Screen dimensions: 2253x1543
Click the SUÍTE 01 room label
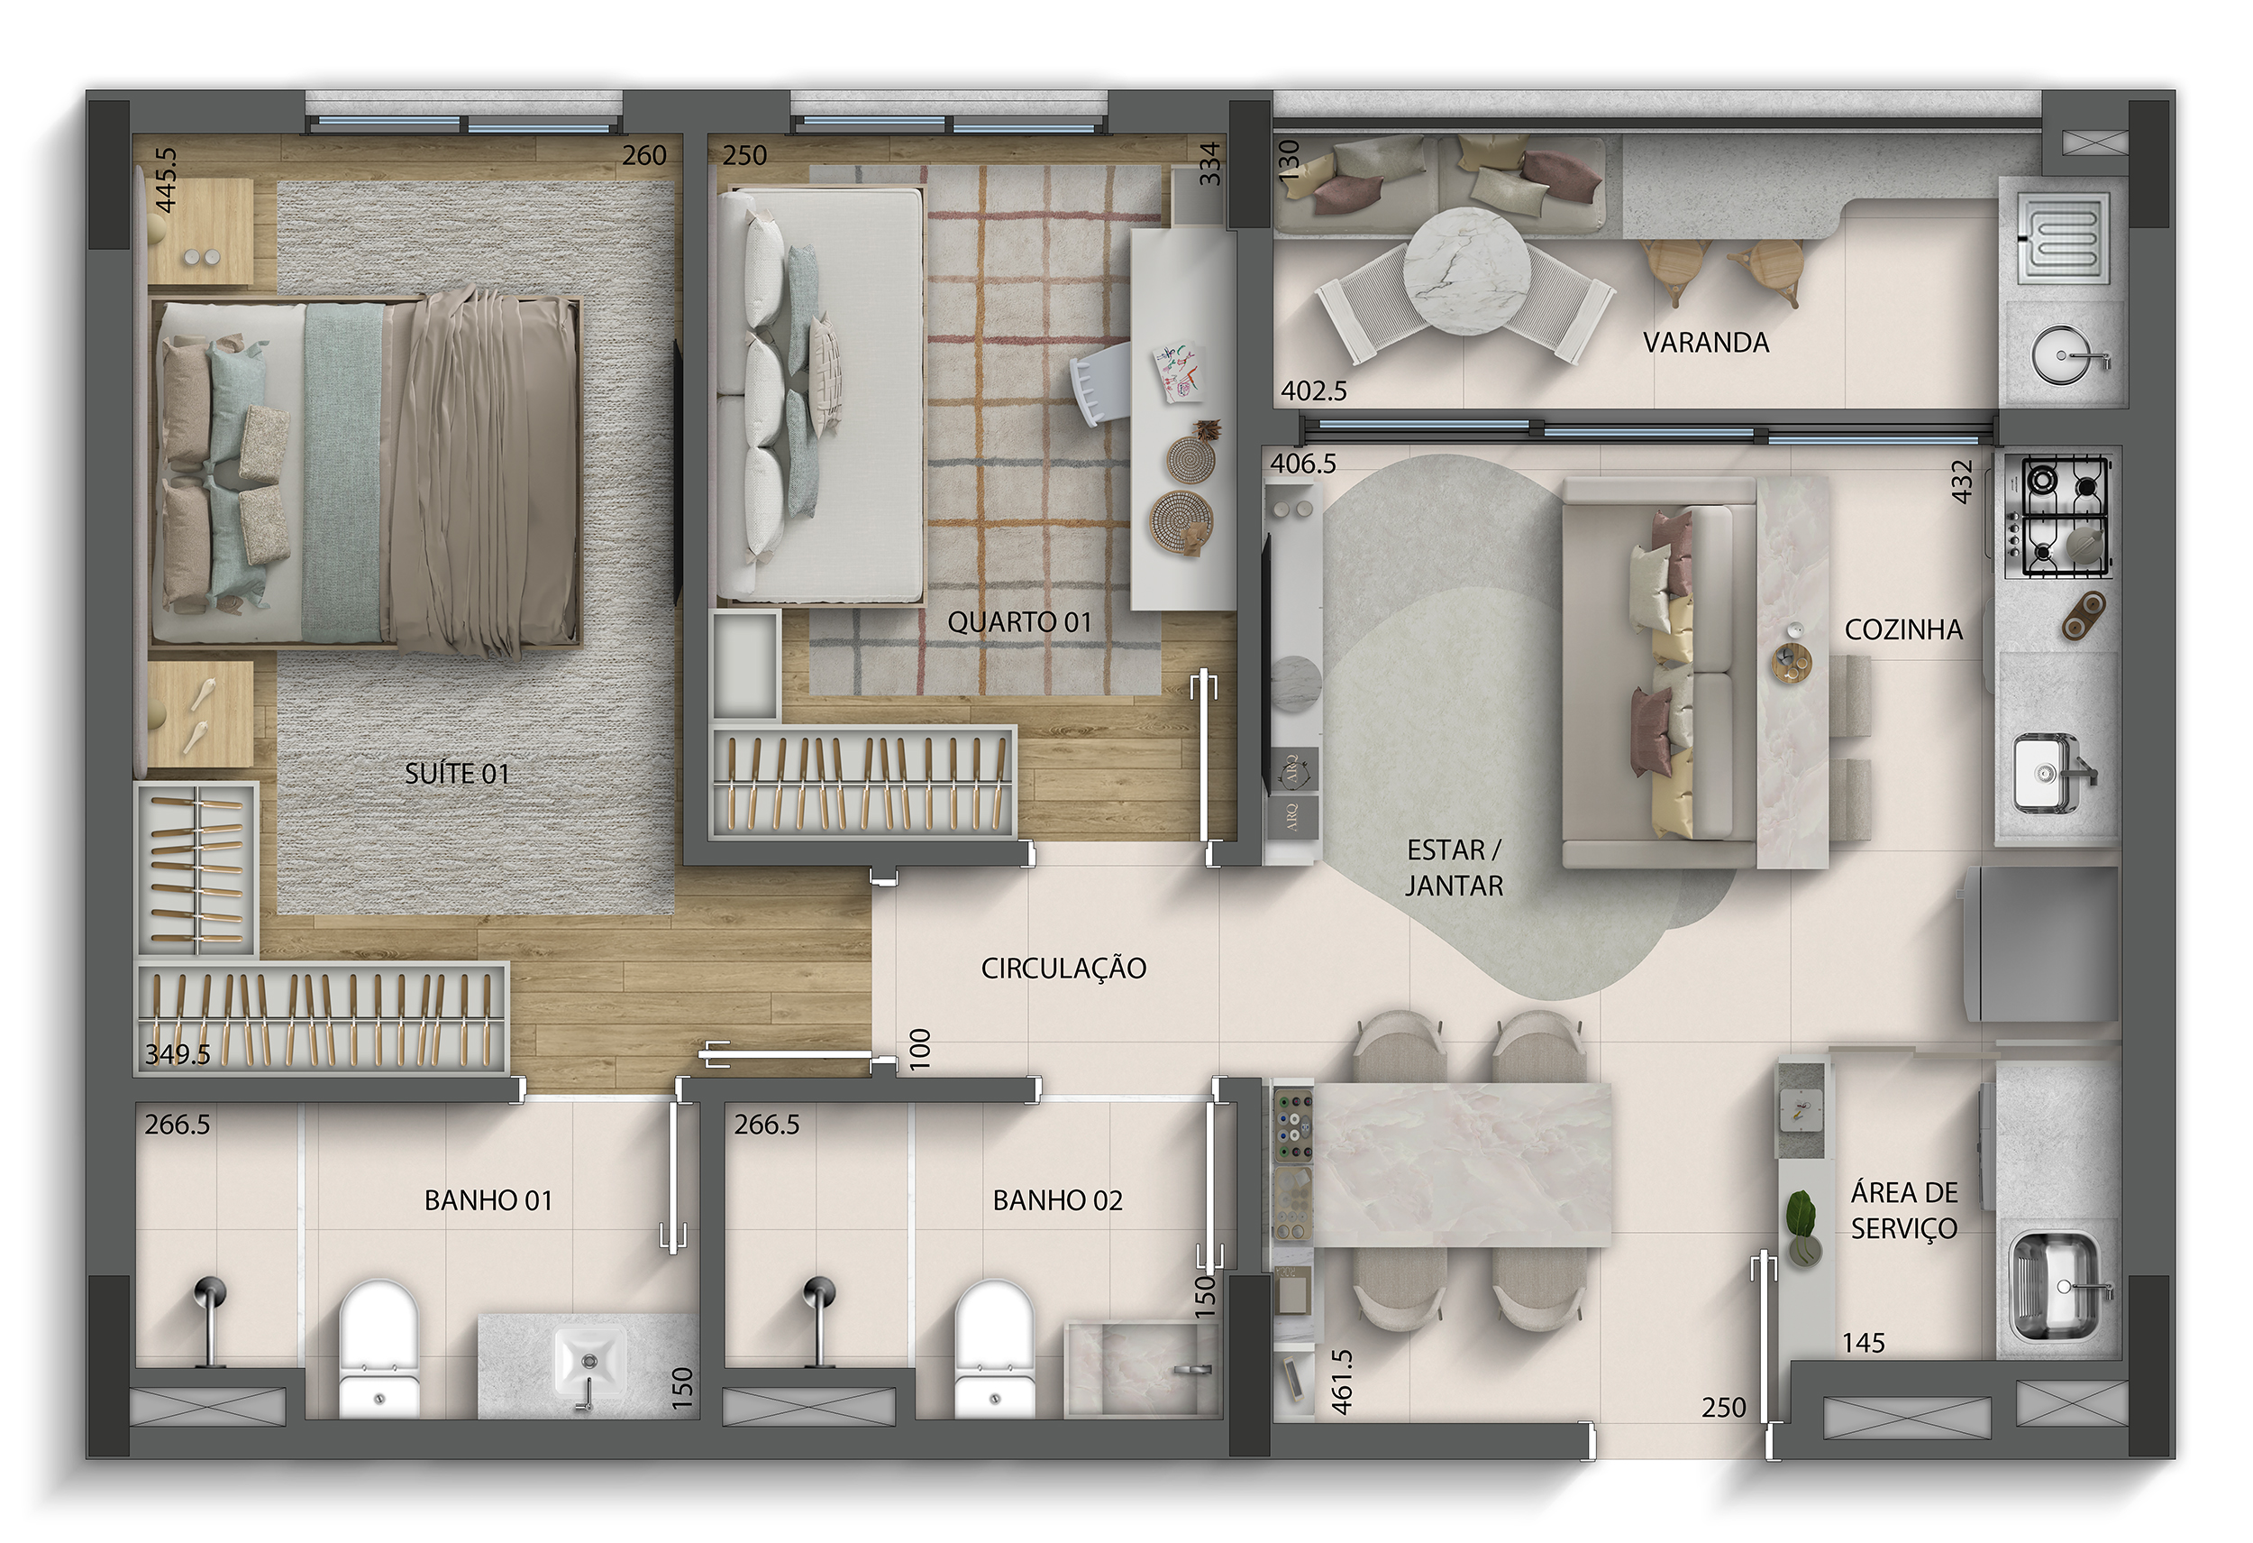(457, 774)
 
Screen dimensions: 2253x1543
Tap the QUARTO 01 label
(1019, 622)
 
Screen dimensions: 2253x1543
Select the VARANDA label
(1706, 343)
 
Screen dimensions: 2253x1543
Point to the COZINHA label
(1903, 629)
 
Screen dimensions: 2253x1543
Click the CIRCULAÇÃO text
(1063, 968)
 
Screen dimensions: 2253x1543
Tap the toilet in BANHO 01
(379, 1349)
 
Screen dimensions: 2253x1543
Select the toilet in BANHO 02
(995, 1349)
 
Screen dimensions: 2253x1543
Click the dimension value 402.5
(1314, 390)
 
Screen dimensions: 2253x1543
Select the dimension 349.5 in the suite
(178, 1054)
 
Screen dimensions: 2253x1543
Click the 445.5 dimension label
(166, 179)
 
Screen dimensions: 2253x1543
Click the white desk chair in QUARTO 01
(1100, 385)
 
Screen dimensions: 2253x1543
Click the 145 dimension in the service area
(1864, 1343)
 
